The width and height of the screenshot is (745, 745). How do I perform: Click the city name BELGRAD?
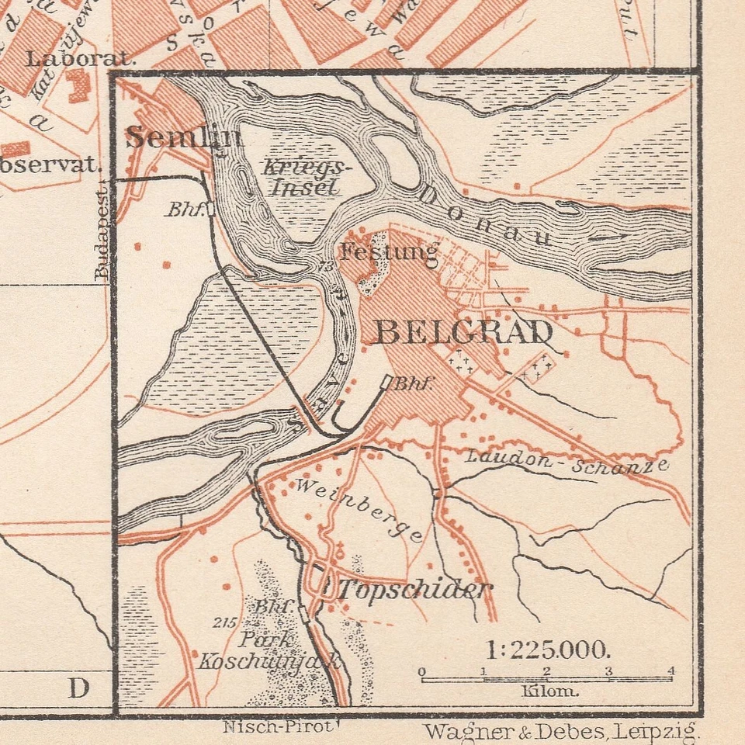click(464, 333)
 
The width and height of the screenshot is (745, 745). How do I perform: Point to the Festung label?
click(389, 251)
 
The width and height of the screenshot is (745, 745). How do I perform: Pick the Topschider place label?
click(414, 590)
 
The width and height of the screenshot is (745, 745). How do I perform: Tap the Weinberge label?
click(359, 509)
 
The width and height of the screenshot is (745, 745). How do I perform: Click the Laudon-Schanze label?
click(567, 461)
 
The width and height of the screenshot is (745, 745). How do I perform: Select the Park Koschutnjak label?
click(268, 650)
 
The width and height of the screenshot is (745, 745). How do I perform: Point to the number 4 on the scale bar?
click(670, 671)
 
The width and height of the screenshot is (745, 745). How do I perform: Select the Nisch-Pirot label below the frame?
click(277, 727)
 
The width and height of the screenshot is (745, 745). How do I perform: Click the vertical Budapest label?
click(102, 232)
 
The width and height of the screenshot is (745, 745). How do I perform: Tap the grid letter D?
click(78, 688)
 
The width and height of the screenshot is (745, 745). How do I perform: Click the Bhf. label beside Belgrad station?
click(412, 383)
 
